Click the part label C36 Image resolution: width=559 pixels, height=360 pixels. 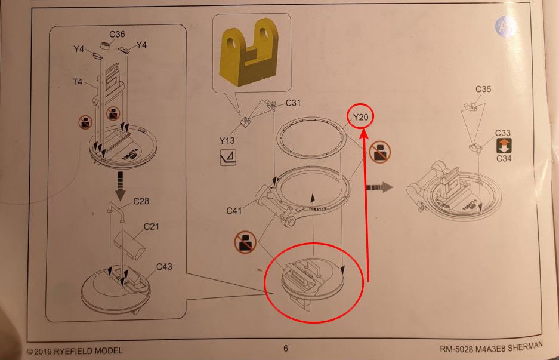117,34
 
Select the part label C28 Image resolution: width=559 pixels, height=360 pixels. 141,201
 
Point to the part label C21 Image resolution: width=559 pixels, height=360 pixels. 152,227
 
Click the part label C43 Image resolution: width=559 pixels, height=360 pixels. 164,266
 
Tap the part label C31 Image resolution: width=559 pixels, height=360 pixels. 294,103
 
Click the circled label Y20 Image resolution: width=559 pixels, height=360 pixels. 360,118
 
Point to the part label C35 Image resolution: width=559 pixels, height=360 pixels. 483,90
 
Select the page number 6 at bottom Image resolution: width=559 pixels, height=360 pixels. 285,348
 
